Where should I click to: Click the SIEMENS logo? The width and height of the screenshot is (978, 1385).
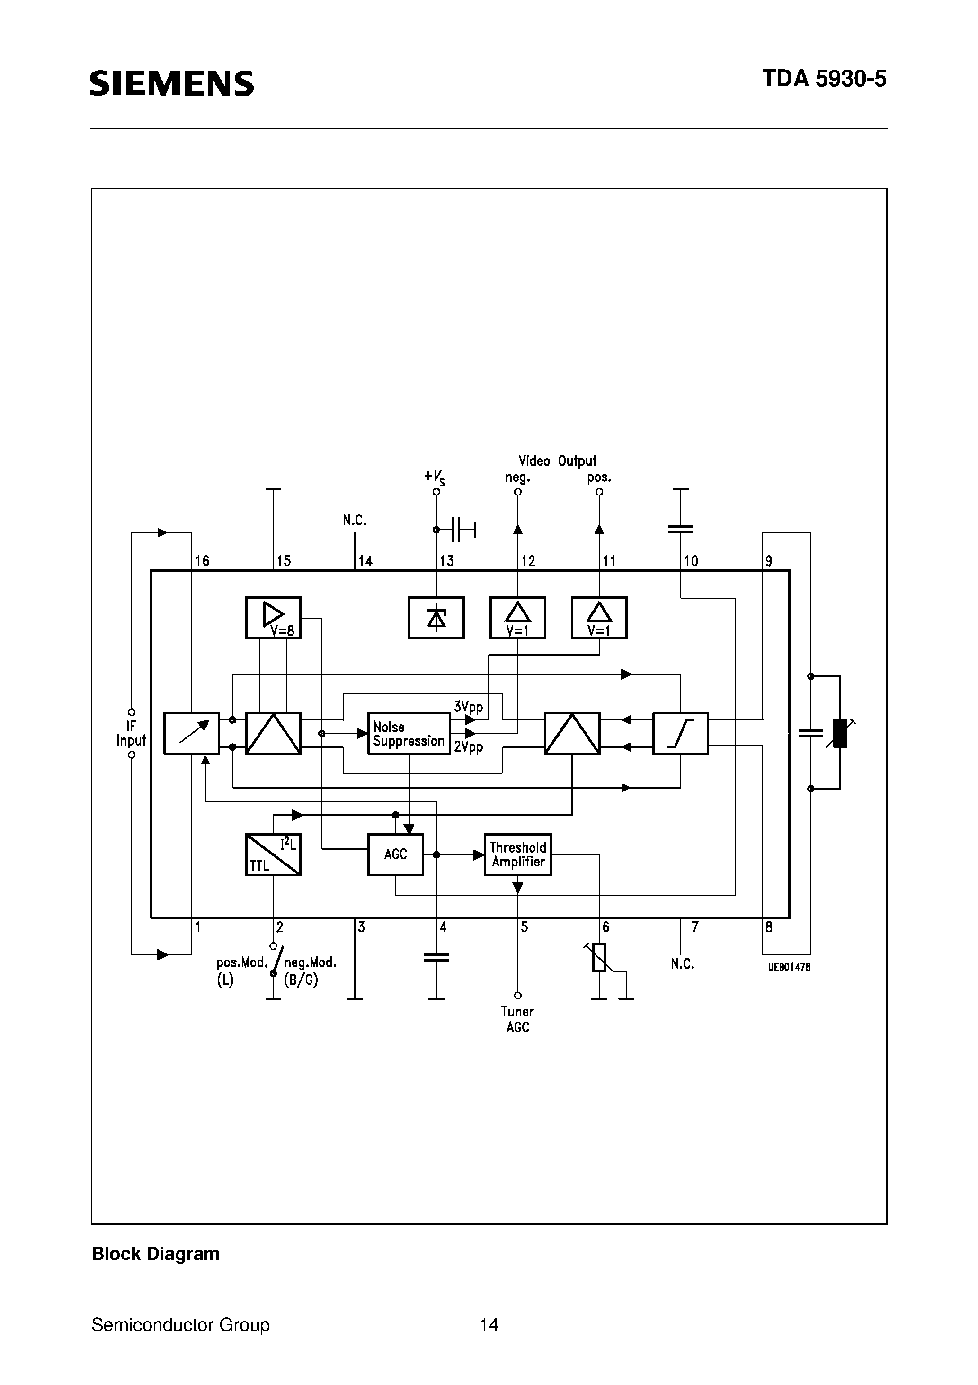(x=172, y=83)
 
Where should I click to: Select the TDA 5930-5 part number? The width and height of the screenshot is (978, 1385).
(x=824, y=80)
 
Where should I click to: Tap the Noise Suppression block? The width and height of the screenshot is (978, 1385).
(x=409, y=734)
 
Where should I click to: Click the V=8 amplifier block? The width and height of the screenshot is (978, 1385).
(x=273, y=618)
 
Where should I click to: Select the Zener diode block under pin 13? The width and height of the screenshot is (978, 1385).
(x=436, y=618)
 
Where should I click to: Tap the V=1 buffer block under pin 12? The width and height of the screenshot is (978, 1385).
(x=517, y=618)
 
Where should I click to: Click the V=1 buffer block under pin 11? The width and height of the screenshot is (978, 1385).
(x=599, y=618)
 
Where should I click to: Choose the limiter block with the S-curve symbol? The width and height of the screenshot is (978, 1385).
(x=680, y=734)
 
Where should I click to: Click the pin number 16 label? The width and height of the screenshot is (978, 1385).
(x=202, y=561)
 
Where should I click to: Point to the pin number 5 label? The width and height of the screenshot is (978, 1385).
(x=524, y=927)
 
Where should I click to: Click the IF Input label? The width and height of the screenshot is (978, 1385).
(x=132, y=734)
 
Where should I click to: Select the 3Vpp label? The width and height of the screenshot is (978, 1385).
(x=469, y=706)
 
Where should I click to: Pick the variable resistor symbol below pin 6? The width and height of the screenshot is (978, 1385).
(x=599, y=958)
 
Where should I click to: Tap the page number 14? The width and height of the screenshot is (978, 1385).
(x=489, y=1325)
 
